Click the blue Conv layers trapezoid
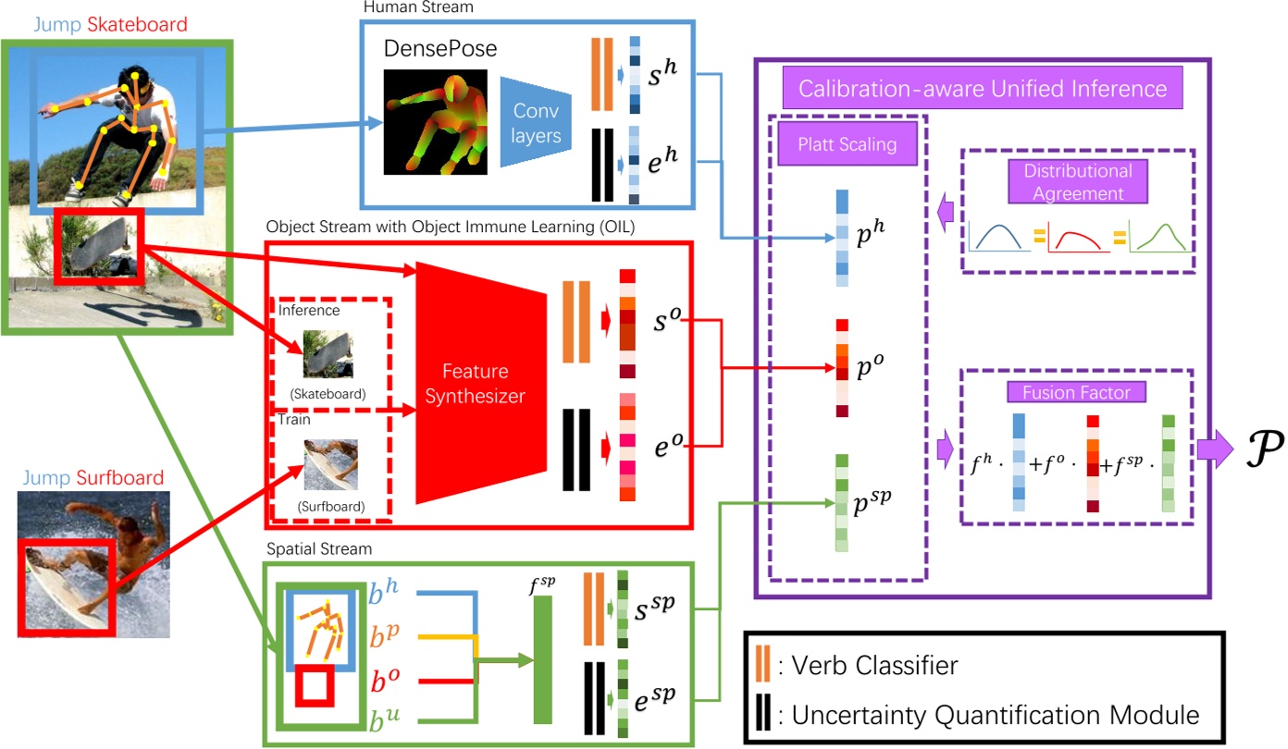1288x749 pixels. tap(534, 122)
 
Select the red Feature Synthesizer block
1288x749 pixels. tap(475, 383)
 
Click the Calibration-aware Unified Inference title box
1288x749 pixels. tap(982, 89)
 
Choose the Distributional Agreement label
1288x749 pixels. tap(1077, 181)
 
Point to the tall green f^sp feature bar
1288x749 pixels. tap(542, 658)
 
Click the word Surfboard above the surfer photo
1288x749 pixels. tap(120, 478)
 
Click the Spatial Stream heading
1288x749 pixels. tap(317, 549)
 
